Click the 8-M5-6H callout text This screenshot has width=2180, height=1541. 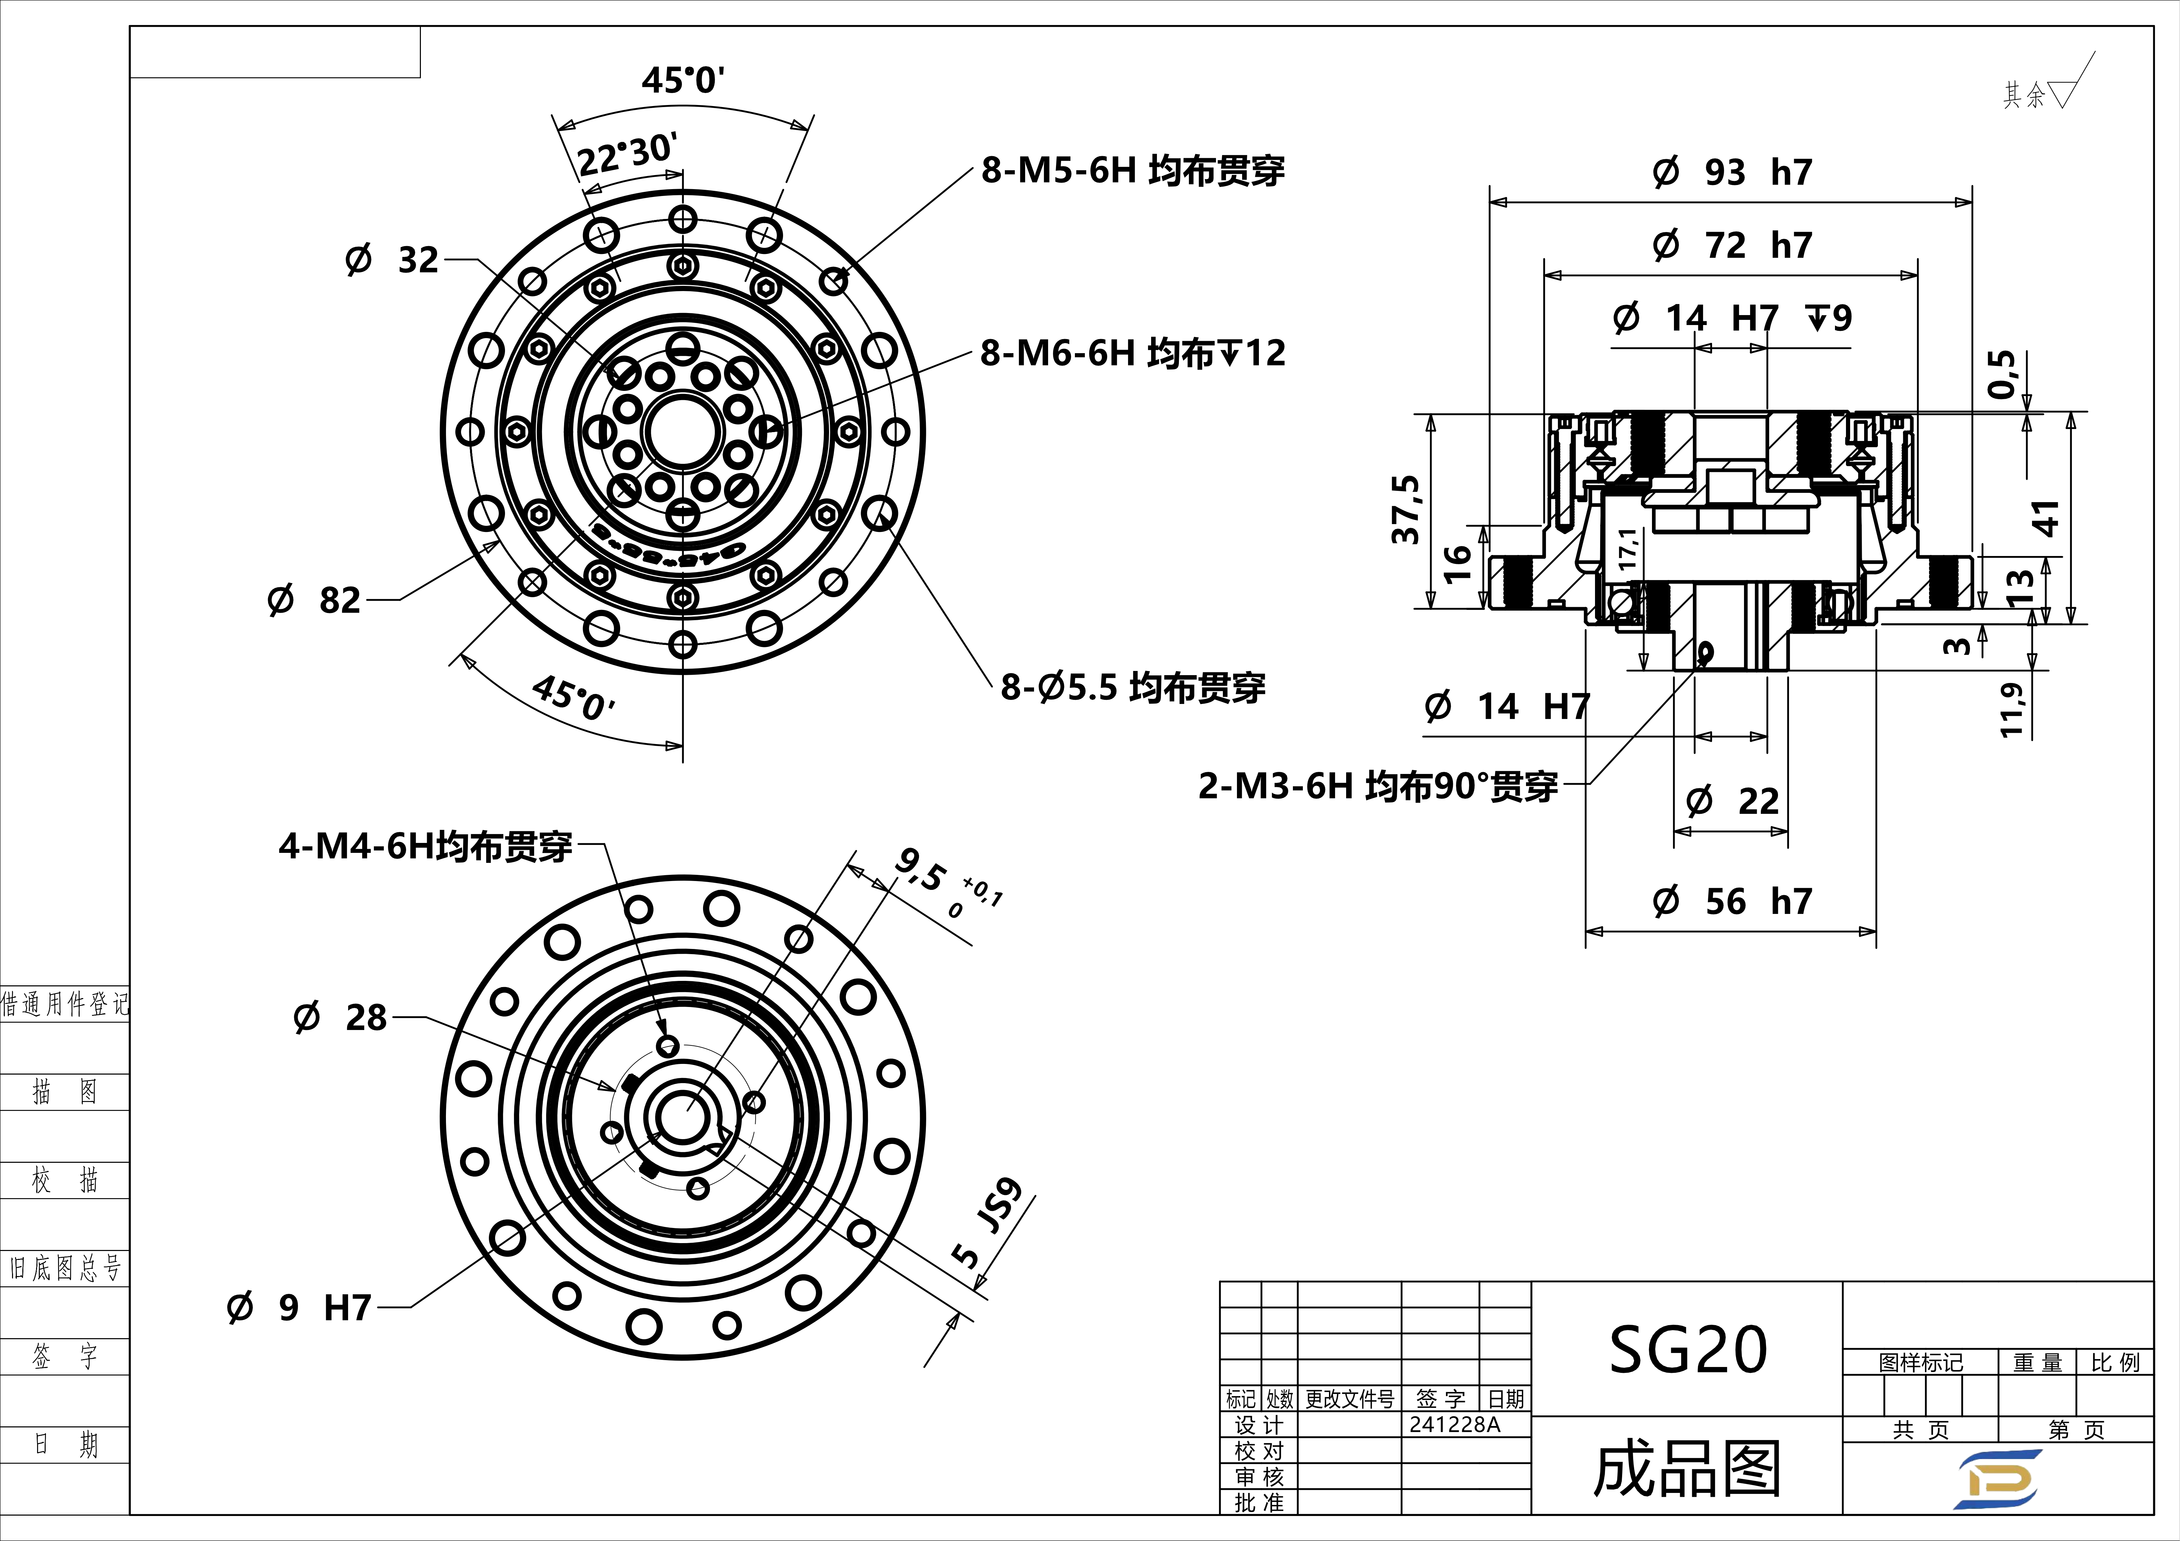(1132, 171)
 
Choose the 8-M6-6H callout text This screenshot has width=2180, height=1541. (1132, 353)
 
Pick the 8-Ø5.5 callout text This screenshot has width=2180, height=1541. (1132, 687)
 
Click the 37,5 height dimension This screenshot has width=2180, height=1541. (1405, 510)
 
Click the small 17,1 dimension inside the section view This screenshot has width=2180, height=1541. (1627, 549)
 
